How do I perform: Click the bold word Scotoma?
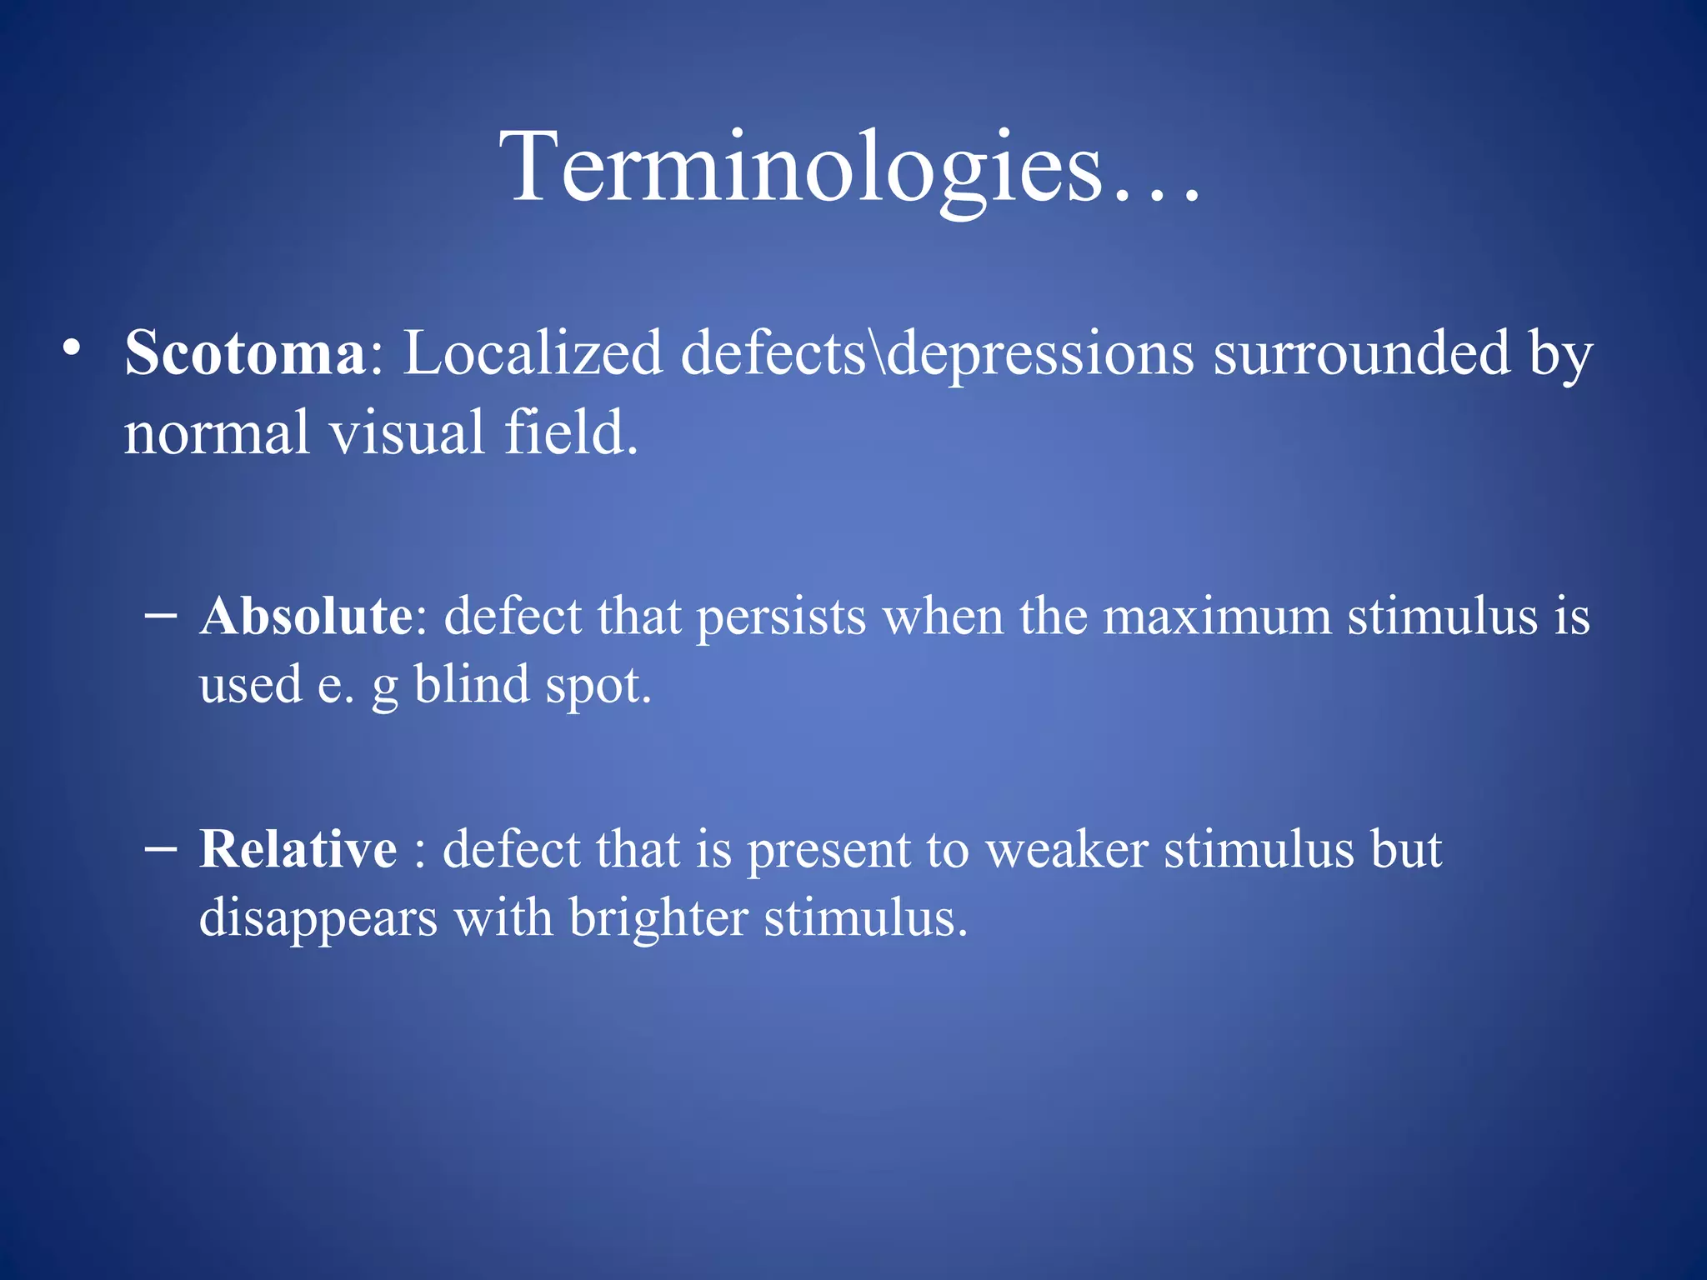244,353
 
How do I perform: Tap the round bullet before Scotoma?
73,347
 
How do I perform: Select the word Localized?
533,353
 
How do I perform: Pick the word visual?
407,433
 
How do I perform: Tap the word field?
571,433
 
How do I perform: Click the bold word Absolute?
305,617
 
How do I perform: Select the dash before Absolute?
160,617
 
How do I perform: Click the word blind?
472,685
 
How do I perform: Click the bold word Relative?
298,850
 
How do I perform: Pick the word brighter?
658,918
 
